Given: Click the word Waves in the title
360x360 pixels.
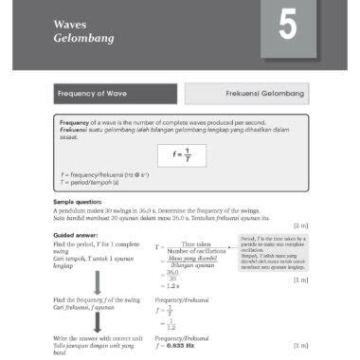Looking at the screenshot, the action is [70, 22].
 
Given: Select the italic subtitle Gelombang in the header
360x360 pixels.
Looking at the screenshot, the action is [84, 39].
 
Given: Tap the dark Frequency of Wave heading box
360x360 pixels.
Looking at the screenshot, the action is [116, 95].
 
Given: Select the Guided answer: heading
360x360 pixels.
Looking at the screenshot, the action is [77, 234].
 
